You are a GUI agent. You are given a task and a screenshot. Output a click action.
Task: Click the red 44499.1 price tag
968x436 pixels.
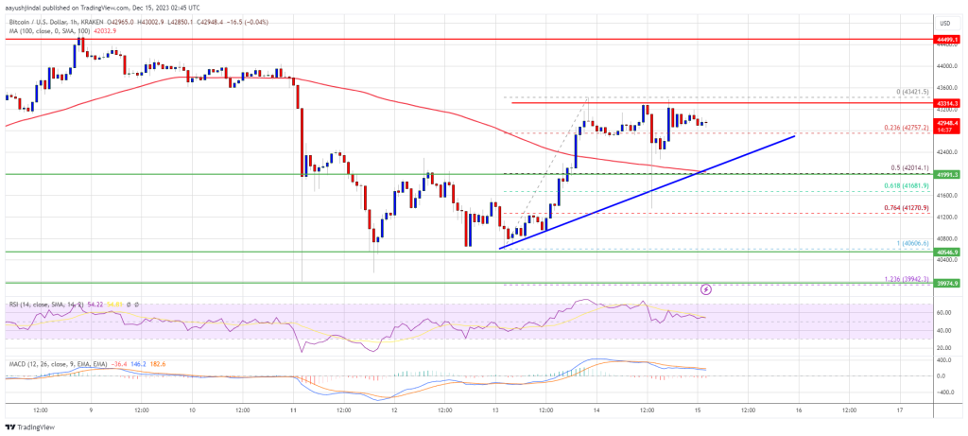point(946,40)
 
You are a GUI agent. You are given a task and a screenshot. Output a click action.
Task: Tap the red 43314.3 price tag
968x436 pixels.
point(946,102)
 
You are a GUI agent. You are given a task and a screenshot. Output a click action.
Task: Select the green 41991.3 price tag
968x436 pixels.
point(946,174)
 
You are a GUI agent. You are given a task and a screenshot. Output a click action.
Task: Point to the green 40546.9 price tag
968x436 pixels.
point(946,253)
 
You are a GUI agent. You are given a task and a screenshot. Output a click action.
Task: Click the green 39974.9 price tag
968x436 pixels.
point(946,283)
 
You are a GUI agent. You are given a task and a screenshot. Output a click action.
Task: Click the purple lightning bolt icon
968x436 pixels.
point(705,288)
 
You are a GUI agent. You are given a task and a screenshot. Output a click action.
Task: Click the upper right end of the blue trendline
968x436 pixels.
point(795,136)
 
